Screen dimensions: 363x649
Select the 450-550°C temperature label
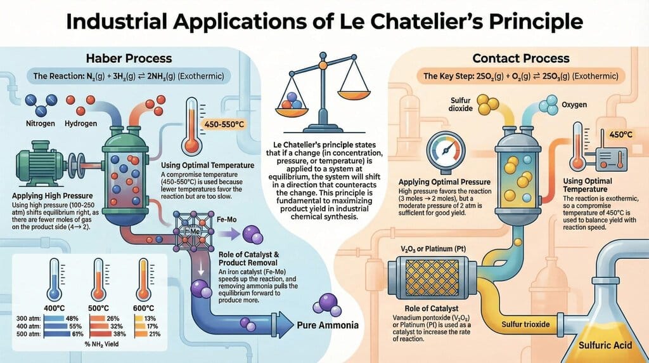[223, 124]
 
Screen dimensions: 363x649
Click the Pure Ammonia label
[328, 326]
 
